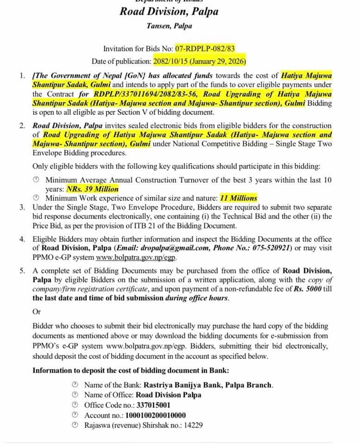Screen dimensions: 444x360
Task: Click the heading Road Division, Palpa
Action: tap(168, 11)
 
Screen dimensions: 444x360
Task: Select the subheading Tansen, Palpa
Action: tap(169, 26)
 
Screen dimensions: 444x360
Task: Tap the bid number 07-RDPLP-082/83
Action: tap(208, 49)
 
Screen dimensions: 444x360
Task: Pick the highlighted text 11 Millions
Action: tap(238, 198)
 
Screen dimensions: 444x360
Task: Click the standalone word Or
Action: tap(37, 312)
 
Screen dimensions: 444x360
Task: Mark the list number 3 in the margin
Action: tap(22, 207)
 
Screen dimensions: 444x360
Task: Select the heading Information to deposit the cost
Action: tap(130, 370)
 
